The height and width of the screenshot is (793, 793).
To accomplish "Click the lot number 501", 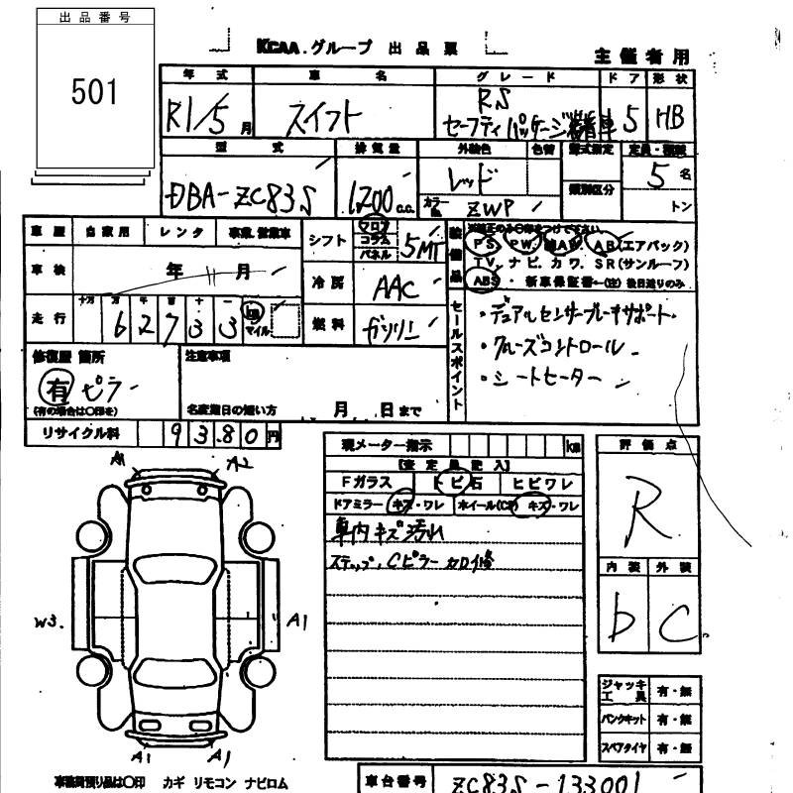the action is click(x=94, y=92).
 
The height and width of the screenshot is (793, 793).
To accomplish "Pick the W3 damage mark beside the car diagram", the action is click(x=48, y=623).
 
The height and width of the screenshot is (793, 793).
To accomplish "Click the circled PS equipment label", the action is click(x=485, y=243).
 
